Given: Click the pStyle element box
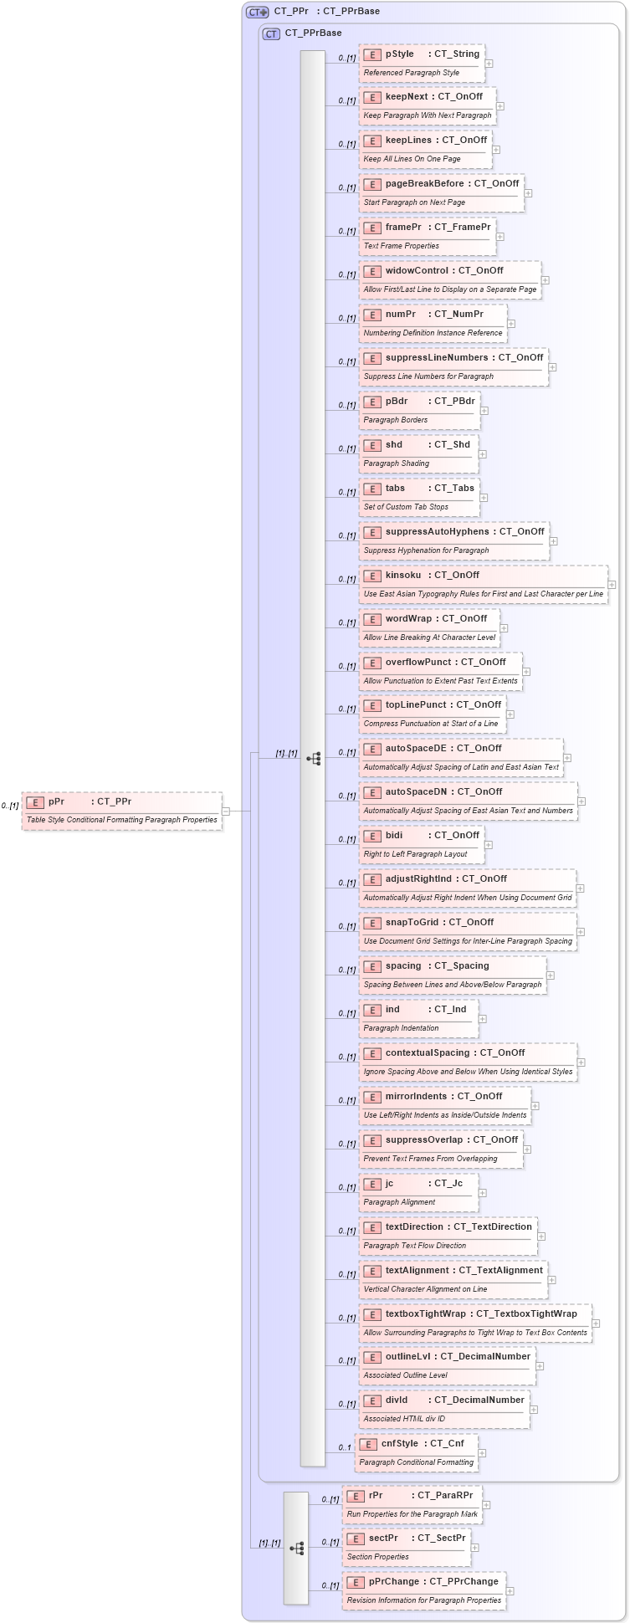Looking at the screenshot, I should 422,64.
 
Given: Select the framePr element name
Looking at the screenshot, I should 403,228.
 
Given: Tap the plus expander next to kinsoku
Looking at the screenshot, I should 612,585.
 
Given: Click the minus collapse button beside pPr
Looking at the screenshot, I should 226,811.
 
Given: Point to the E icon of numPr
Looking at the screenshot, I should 372,315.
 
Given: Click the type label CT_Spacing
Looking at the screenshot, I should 461,966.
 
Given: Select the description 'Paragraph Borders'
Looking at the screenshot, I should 395,420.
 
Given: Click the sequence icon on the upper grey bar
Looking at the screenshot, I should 313,759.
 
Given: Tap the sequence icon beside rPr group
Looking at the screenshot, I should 296,1549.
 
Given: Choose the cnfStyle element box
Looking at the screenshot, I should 416,1453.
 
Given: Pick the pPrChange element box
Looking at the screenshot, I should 424,1591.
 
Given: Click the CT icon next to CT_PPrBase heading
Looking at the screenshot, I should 271,33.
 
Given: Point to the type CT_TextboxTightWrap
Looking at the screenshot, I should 526,1314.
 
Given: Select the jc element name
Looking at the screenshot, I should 389,1184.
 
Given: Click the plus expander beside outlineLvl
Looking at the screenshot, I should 540,1366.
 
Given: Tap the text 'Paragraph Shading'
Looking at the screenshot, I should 396,463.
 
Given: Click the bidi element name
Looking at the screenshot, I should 394,836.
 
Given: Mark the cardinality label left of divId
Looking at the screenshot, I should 346,1405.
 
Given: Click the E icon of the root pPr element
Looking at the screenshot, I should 35,802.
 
